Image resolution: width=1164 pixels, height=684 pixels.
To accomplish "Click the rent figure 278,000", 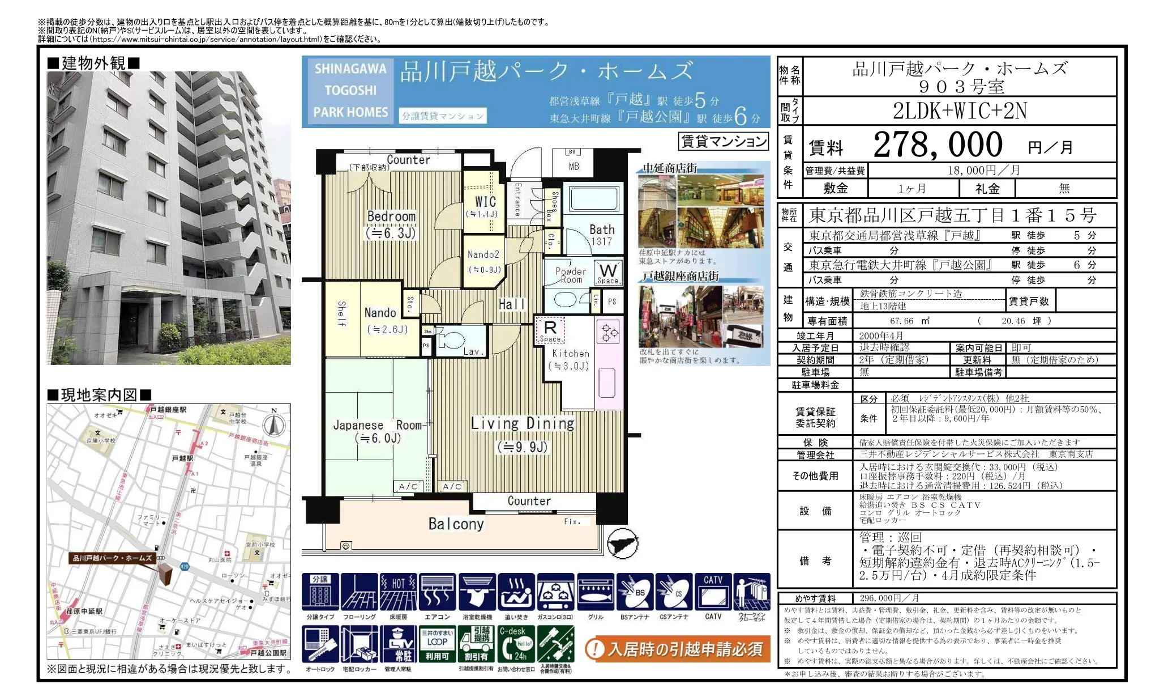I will tap(938, 145).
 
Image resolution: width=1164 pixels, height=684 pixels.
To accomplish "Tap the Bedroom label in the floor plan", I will tap(391, 217).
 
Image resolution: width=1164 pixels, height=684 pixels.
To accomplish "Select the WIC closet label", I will tap(485, 202).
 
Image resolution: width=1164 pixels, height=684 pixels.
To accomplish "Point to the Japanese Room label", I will tap(377, 426).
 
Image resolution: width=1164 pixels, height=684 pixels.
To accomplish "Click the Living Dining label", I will tap(522, 424).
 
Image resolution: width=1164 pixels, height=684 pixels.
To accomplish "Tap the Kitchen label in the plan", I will tap(570, 354).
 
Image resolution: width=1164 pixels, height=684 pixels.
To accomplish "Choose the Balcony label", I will tap(456, 524).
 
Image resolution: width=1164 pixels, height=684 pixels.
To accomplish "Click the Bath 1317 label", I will tap(601, 235).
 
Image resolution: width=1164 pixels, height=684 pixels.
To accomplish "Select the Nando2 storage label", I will tap(483, 255).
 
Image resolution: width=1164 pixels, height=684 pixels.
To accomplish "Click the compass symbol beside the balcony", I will tap(622, 544).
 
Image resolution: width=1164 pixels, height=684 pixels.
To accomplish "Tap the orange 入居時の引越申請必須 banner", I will tap(677, 649).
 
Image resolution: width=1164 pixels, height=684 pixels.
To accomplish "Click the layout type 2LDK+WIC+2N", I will tap(959, 111).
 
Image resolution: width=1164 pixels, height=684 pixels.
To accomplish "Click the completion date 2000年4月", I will tap(881, 336).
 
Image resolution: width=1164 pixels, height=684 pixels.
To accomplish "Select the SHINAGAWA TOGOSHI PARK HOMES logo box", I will tap(350, 91).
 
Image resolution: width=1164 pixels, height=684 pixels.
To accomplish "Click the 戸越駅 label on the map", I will tap(182, 458).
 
